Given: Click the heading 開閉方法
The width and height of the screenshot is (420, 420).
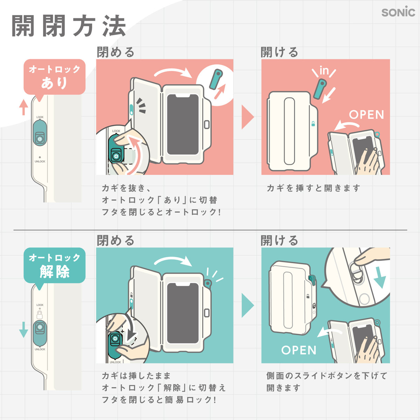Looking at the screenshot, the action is [x=69, y=26].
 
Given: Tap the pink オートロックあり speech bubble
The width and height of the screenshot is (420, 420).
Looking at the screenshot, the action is [x=55, y=77].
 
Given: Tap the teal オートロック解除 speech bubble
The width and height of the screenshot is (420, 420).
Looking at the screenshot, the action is [x=55, y=266].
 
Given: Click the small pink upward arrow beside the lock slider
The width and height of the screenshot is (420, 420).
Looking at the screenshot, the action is [x=23, y=107].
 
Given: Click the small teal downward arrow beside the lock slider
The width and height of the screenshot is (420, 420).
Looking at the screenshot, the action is [x=23, y=330].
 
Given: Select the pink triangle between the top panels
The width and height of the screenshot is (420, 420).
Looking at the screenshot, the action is [x=247, y=117].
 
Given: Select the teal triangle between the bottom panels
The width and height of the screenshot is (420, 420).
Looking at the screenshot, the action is [x=247, y=305].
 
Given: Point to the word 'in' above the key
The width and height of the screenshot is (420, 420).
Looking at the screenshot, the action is [x=324, y=70].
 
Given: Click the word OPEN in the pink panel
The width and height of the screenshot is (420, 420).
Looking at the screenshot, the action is [x=366, y=115].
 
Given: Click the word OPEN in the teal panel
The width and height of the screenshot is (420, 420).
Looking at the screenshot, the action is [x=299, y=350].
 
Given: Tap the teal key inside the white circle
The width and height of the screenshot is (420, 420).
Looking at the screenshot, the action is [x=216, y=79].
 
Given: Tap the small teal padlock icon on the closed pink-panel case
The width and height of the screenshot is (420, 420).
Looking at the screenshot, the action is [x=313, y=124].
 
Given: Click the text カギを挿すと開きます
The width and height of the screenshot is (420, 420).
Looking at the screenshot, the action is [x=313, y=188].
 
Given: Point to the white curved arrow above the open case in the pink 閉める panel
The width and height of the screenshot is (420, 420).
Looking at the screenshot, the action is [x=173, y=72].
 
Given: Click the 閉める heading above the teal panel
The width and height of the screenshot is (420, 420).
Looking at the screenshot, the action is [x=115, y=240].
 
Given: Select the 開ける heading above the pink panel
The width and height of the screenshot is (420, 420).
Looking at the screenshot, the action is [x=279, y=52].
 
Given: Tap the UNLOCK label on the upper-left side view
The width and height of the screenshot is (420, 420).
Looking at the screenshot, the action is [x=40, y=161].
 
